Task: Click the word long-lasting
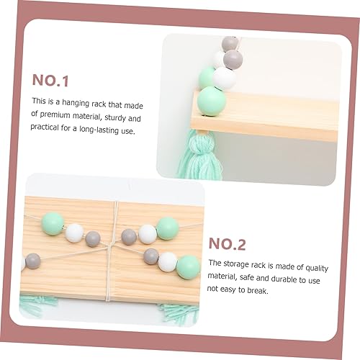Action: click(x=102, y=131)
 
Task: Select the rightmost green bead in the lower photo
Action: click(x=189, y=266)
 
